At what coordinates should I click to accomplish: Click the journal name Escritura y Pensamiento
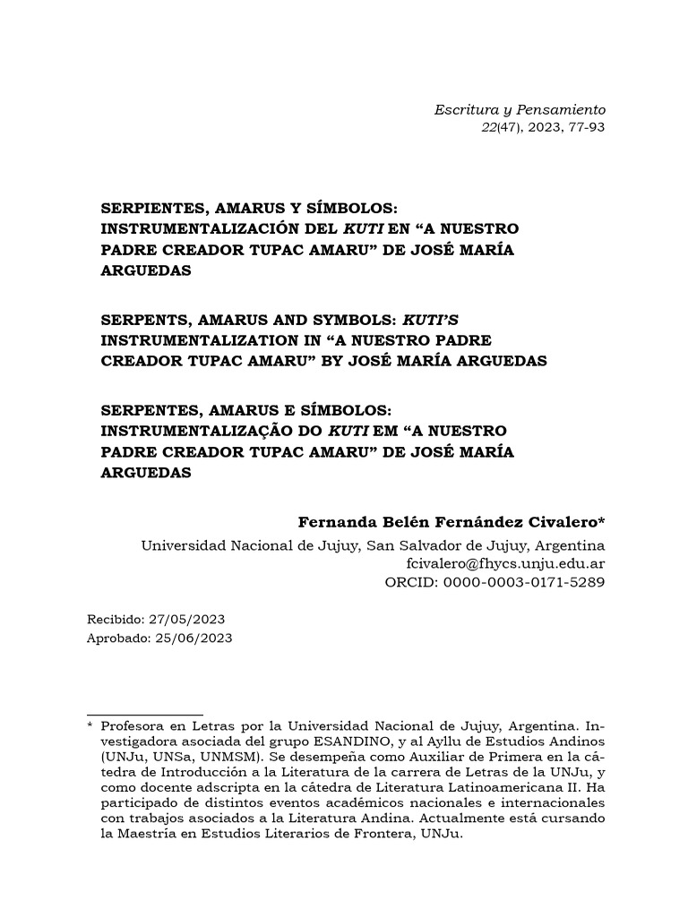point(520,109)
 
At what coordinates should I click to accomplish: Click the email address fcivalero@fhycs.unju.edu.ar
point(506,564)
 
